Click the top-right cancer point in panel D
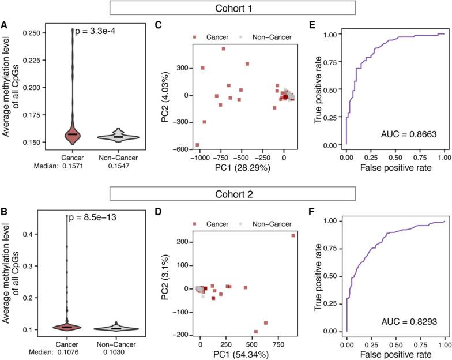click(x=292, y=235)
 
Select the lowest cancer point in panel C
click(x=197, y=145)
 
